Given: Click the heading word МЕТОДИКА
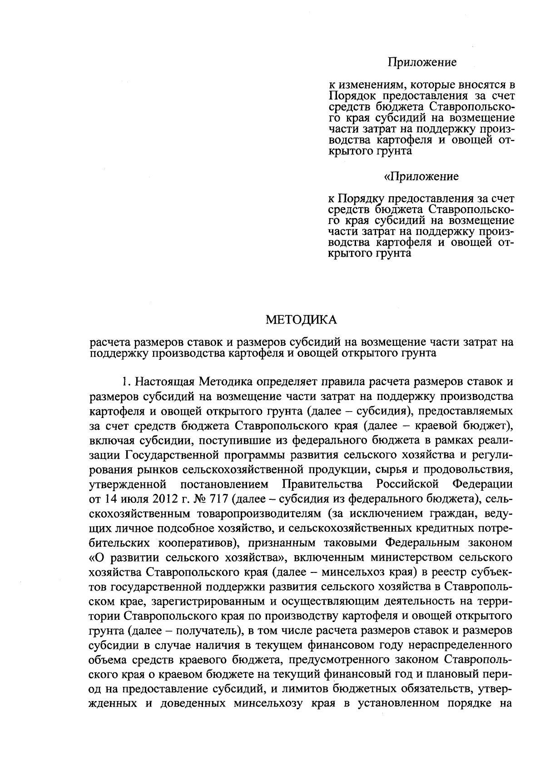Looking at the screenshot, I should (x=301, y=320).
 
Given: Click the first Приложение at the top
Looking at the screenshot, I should (x=422, y=62).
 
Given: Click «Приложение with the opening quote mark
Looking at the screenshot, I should (x=421, y=176).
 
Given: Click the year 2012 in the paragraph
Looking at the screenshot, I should (x=158, y=499).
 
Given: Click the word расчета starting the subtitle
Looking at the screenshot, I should (x=109, y=343).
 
